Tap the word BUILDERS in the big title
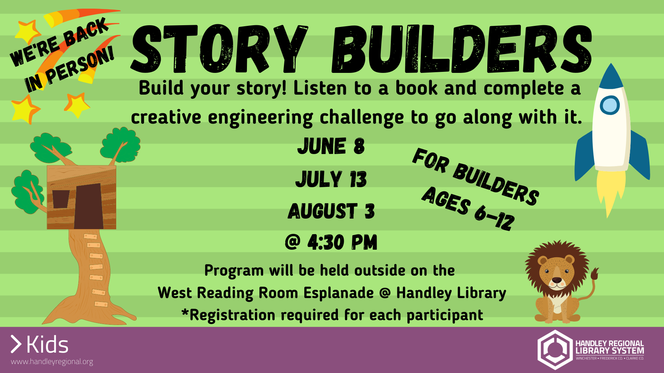coord(462,49)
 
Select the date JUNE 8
coord(331,146)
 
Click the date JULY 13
coord(331,179)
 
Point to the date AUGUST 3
coord(331,211)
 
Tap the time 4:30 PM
coord(342,242)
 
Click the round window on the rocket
coord(610,105)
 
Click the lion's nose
coord(557,280)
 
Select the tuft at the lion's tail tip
coord(594,274)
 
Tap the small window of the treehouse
coord(61,199)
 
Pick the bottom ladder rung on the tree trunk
coord(101,304)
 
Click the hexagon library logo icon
coord(555,350)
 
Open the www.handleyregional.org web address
coord(52,362)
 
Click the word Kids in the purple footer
coord(47,345)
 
